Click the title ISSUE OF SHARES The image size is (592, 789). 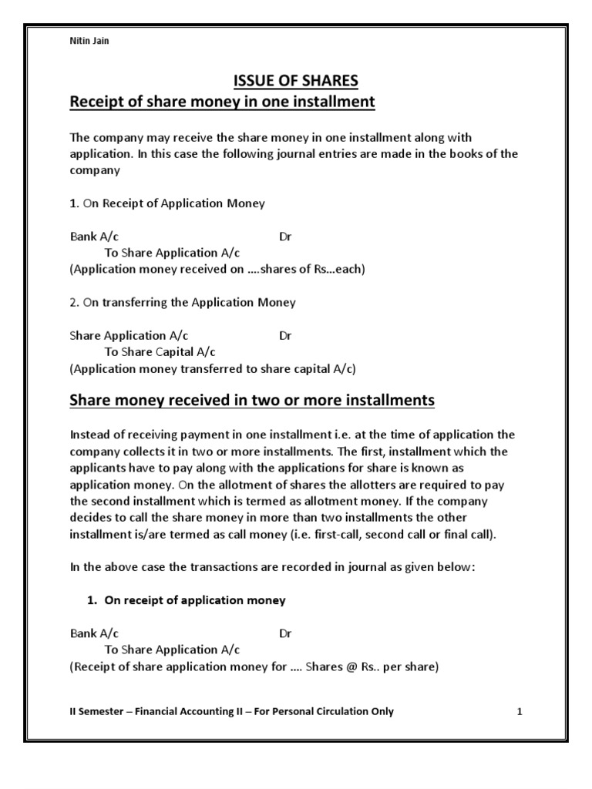tap(295, 81)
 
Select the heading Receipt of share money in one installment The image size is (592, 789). tap(222, 102)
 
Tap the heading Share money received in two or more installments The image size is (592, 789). tap(252, 401)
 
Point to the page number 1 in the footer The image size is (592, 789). tap(520, 711)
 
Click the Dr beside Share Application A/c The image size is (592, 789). tap(285, 336)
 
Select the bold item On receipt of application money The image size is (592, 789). tap(195, 600)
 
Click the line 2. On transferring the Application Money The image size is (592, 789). tap(183, 303)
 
